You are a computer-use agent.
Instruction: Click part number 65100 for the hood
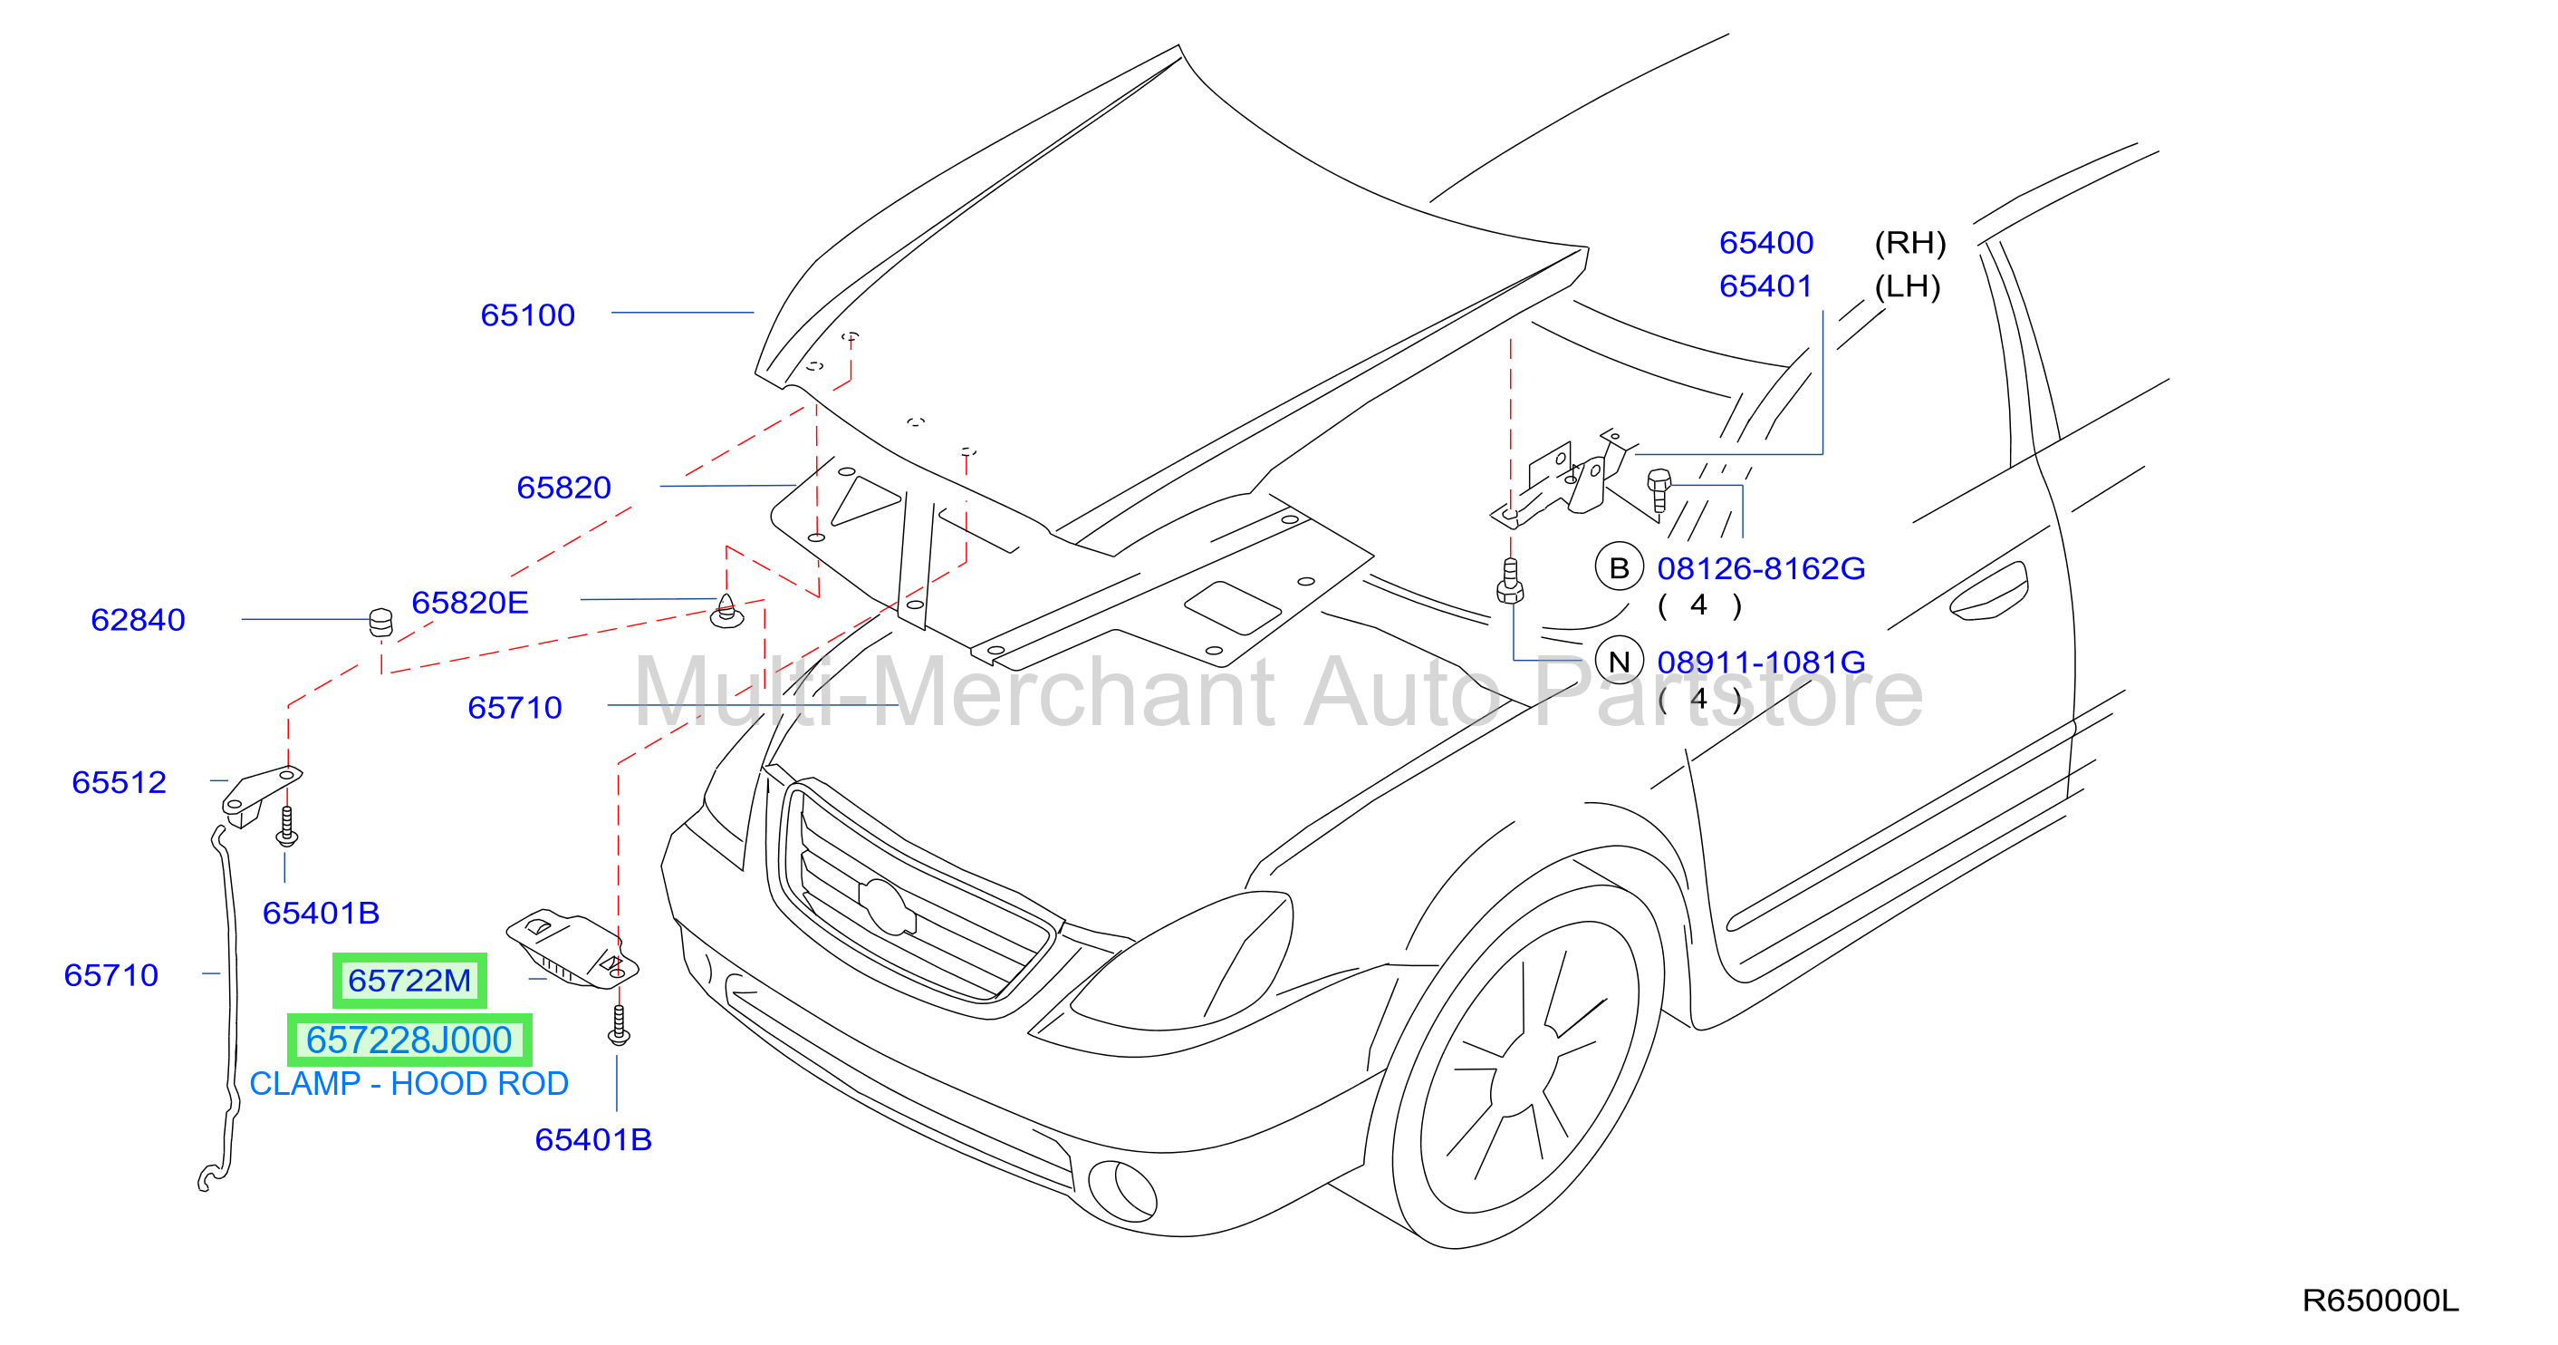527,314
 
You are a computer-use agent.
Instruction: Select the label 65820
563,488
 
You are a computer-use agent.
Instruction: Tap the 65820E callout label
470,602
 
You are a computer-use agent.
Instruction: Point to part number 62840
138,620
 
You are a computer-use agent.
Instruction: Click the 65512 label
120,783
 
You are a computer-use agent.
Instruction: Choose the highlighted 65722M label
409,981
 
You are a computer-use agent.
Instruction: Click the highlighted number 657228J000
409,1040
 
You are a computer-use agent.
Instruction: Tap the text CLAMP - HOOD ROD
409,1084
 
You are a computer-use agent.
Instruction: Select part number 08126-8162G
1761,568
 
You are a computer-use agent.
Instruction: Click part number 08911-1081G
1761,662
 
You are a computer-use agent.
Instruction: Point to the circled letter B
1620,568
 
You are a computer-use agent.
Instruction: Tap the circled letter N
1620,662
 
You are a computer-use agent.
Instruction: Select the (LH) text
1908,287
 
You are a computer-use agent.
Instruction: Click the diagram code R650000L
2380,1301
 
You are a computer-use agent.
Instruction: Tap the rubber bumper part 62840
380,622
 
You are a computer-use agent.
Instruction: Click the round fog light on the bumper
1123,1191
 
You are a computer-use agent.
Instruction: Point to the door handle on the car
1988,592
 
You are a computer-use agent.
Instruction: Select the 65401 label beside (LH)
1765,286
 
